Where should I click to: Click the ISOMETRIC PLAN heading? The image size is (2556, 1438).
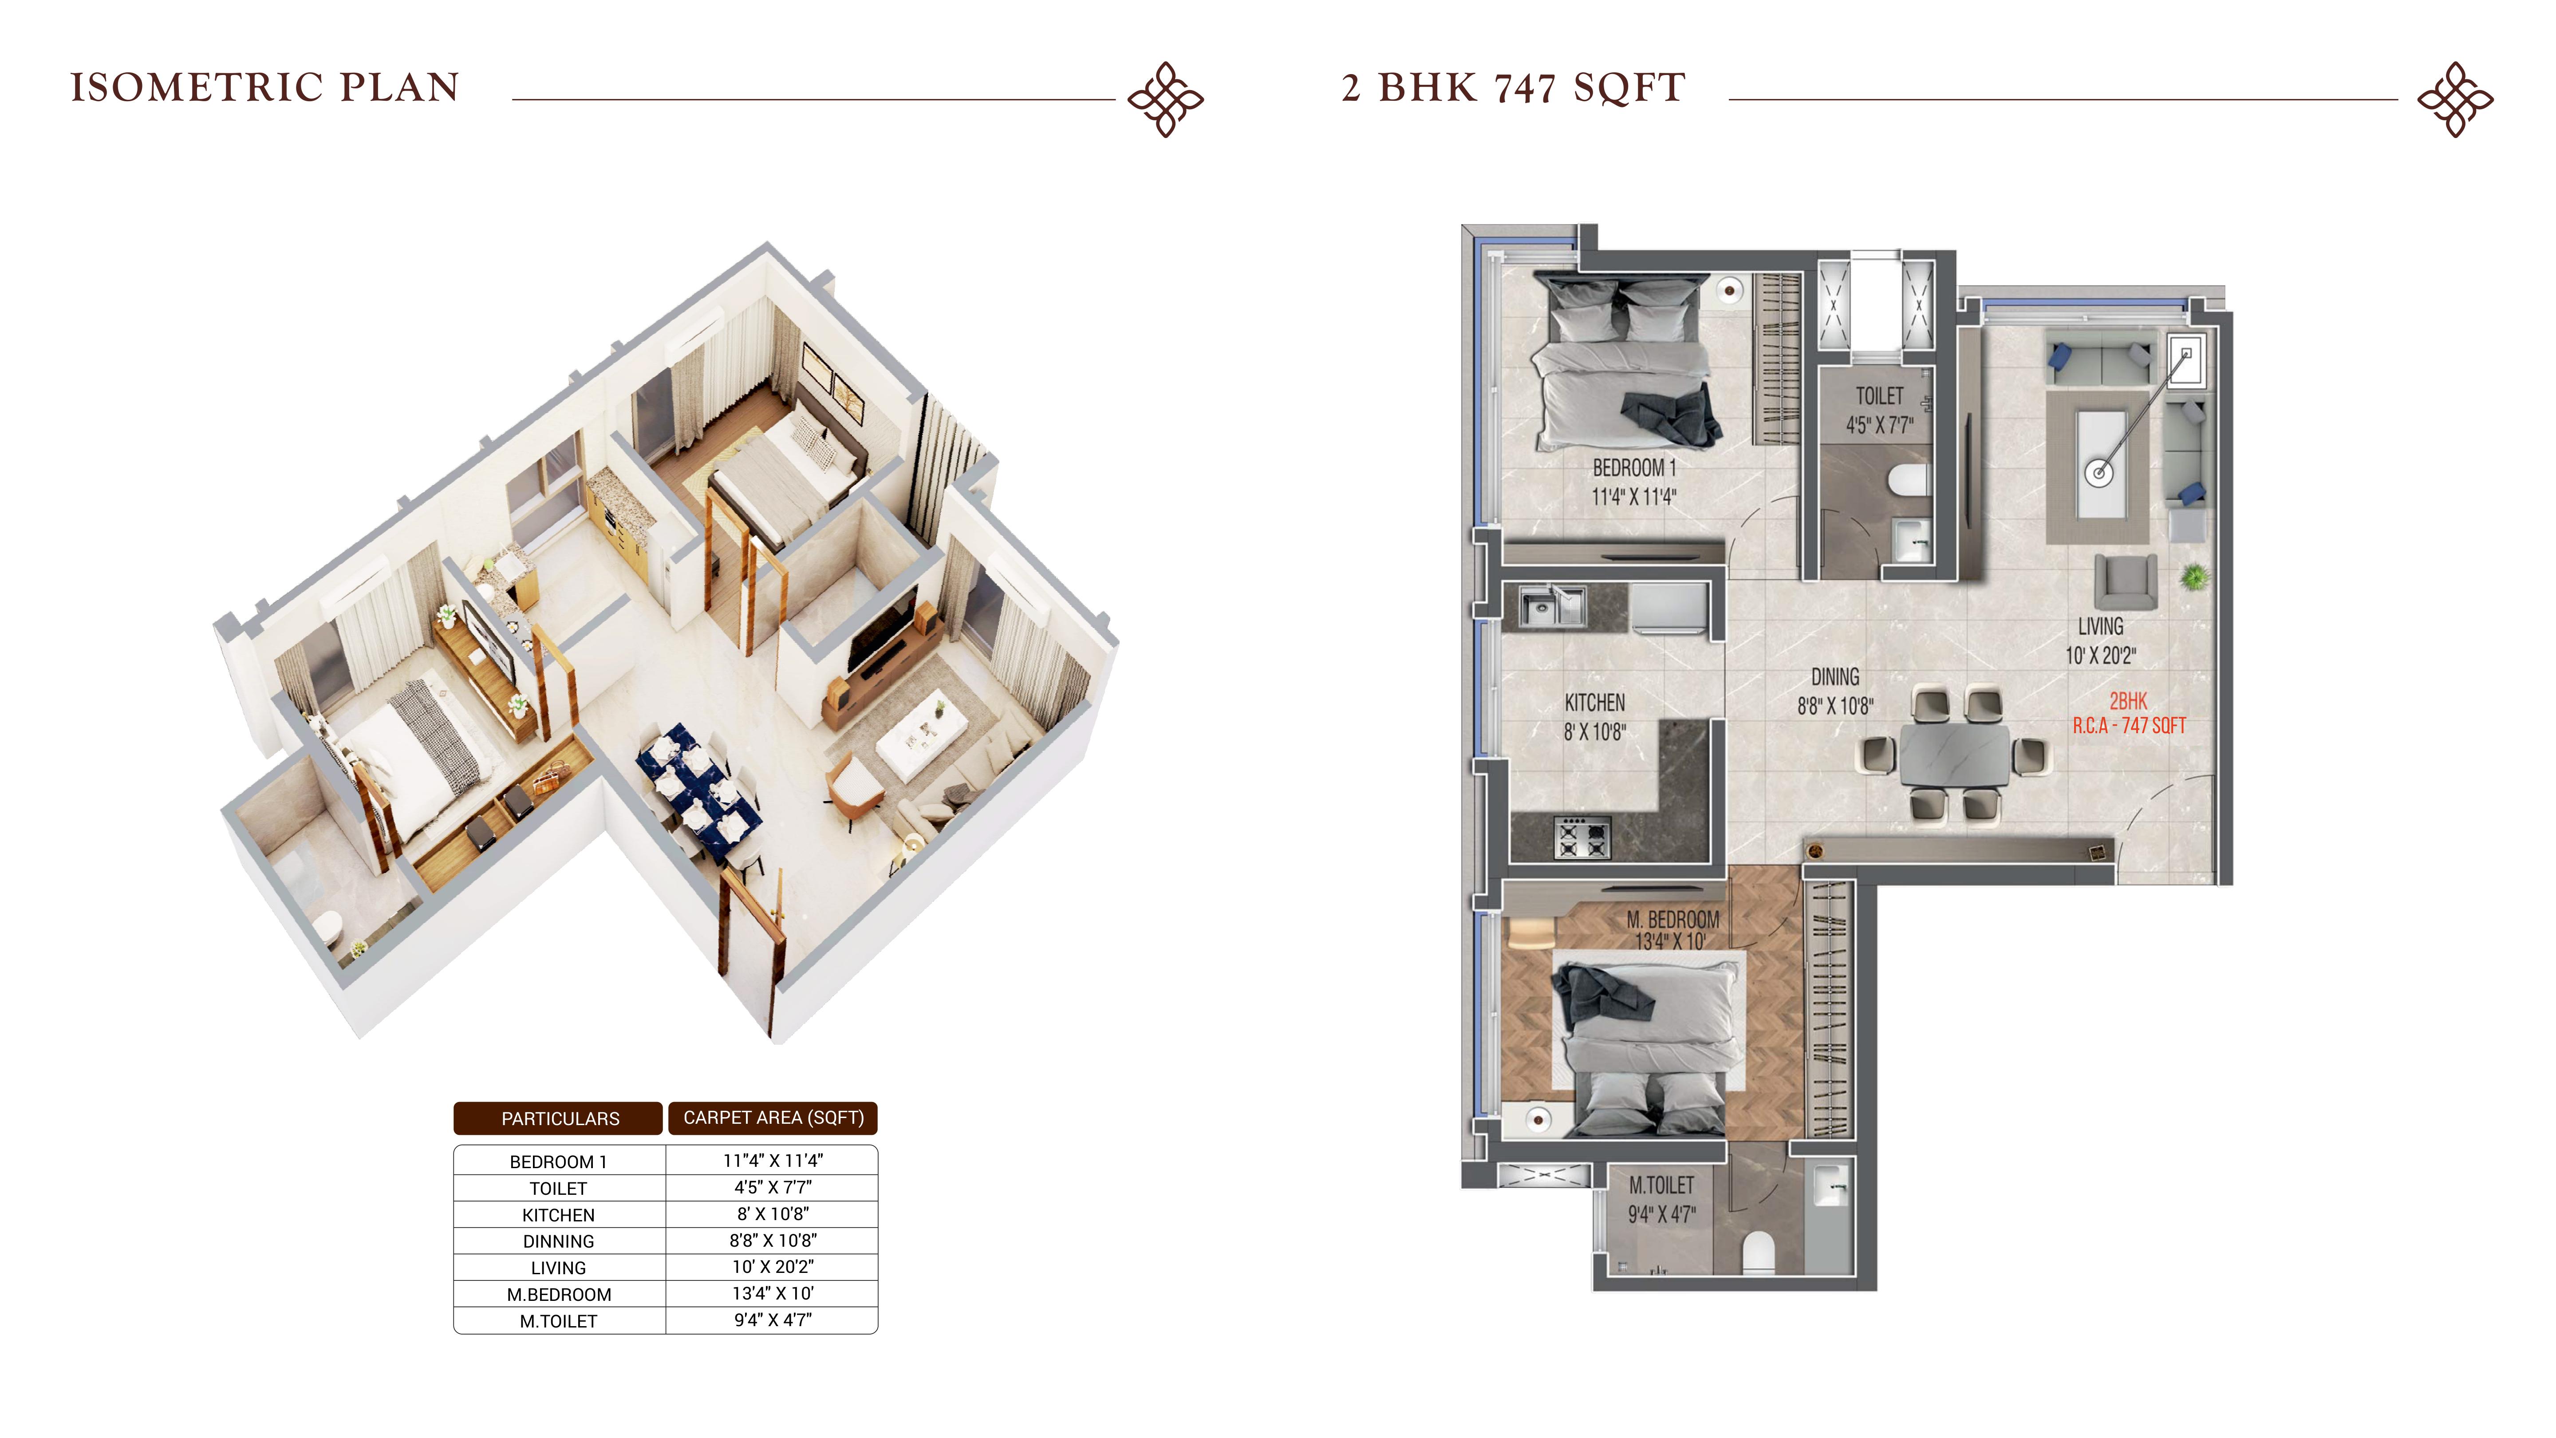265,87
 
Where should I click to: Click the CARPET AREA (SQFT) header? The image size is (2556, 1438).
773,1118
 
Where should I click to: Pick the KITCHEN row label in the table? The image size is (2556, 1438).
559,1215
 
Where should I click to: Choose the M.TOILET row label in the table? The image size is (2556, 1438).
559,1321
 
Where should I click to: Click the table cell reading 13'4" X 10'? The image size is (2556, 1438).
773,1293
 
